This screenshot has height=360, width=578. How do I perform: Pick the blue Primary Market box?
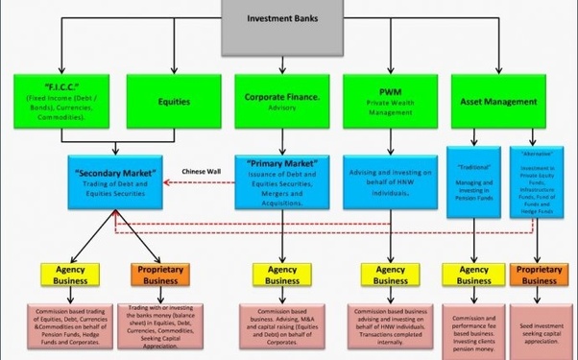pyautogui.click(x=282, y=180)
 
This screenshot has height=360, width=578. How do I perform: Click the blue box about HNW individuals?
pyautogui.click(x=390, y=180)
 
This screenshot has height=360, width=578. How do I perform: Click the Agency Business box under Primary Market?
pyautogui.click(x=282, y=276)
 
